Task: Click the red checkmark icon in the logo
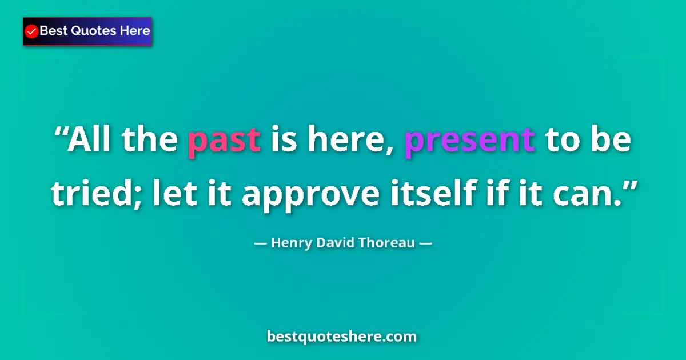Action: point(32,31)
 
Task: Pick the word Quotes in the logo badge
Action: point(91,31)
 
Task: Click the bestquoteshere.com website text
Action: point(342,337)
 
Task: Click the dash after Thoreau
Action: point(426,243)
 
